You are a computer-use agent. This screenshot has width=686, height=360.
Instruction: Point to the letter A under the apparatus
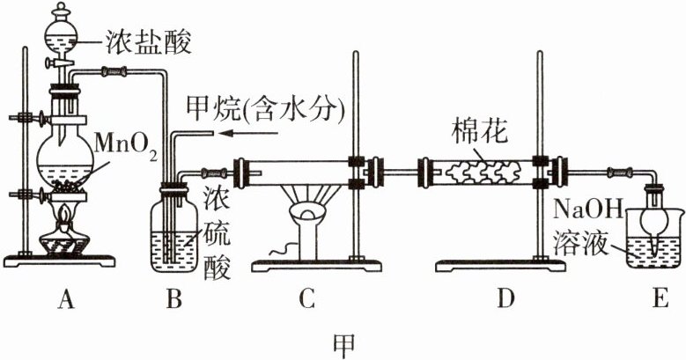63,301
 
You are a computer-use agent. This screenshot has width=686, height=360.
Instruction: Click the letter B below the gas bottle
174,301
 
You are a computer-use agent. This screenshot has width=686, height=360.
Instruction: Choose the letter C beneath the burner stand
306,301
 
